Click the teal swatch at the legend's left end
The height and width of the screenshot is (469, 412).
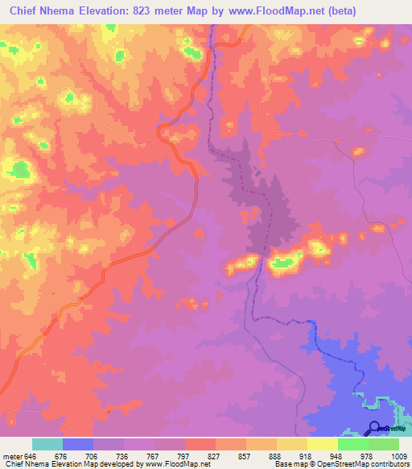pyautogui.click(x=47, y=444)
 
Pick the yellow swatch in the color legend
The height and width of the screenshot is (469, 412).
pyautogui.click(x=322, y=444)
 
